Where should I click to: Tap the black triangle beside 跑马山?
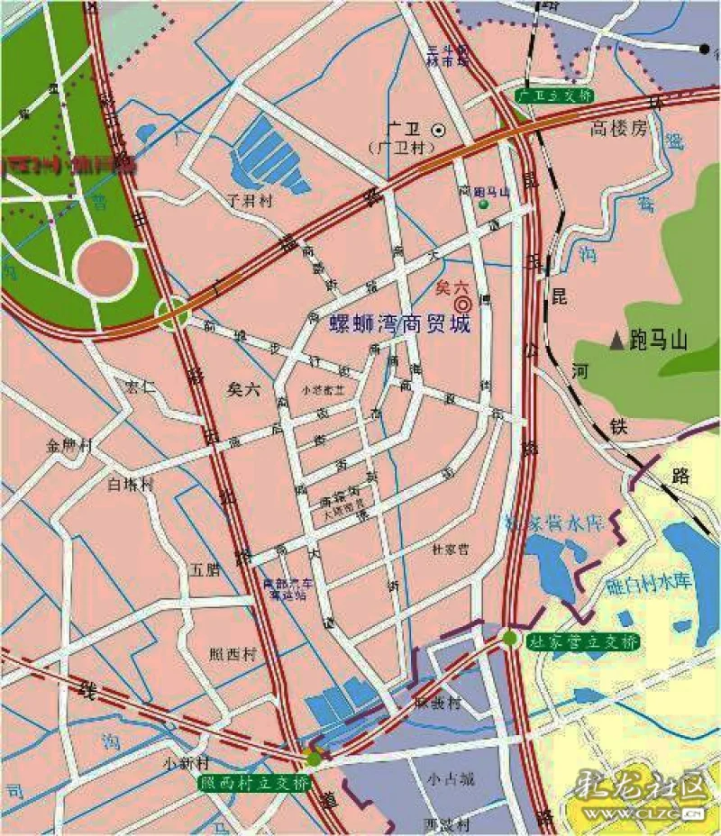click(x=616, y=341)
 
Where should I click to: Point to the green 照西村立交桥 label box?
click(x=254, y=782)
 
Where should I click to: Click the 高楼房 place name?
click(x=619, y=129)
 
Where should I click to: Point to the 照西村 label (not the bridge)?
click(x=233, y=655)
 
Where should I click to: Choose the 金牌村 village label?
click(x=70, y=446)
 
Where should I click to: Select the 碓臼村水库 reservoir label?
click(x=647, y=583)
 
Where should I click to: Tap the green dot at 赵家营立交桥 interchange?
click(x=510, y=639)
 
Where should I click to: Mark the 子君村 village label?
click(x=251, y=202)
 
